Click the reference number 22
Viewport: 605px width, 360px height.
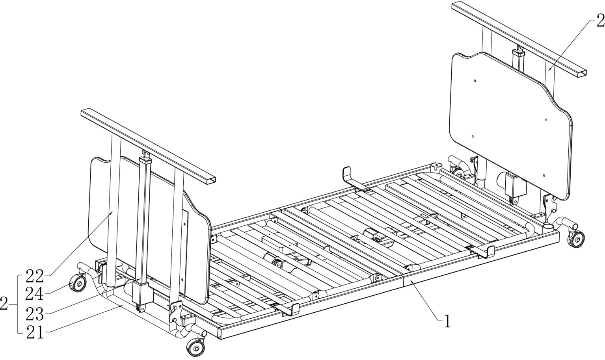(34, 276)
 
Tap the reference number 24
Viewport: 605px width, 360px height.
(34, 293)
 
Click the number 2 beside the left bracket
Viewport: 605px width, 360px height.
(4, 304)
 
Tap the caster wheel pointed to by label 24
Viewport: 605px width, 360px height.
(78, 283)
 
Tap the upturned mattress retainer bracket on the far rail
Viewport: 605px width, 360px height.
(348, 175)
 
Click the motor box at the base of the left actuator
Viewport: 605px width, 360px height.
(143, 293)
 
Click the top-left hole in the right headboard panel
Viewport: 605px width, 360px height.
(475, 81)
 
